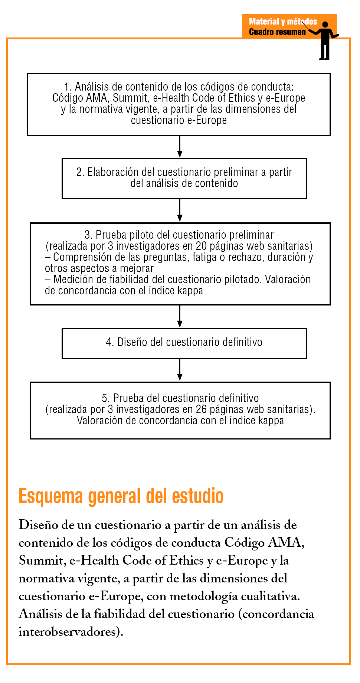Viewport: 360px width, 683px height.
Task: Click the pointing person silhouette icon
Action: pos(325,40)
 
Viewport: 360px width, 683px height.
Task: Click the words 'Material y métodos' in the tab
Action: pos(283,22)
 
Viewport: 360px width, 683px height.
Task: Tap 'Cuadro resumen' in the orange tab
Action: pos(277,32)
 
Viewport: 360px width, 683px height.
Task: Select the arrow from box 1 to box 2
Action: pos(180,147)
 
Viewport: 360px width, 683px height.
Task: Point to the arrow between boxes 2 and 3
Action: pos(180,211)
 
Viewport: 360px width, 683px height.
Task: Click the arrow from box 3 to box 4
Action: pos(180,317)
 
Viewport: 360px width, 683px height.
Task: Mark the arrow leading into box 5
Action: pos(180,370)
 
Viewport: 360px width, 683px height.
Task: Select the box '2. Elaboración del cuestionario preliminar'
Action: pos(184,179)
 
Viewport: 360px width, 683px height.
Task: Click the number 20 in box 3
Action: pos(201,246)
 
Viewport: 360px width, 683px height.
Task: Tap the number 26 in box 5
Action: pos(201,409)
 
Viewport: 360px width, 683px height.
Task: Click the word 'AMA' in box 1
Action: pos(98,98)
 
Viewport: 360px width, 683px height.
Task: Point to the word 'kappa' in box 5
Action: pos(271,421)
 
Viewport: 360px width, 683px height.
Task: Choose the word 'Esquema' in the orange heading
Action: pos(50,497)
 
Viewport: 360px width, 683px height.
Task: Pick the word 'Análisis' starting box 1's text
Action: pos(92,87)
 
